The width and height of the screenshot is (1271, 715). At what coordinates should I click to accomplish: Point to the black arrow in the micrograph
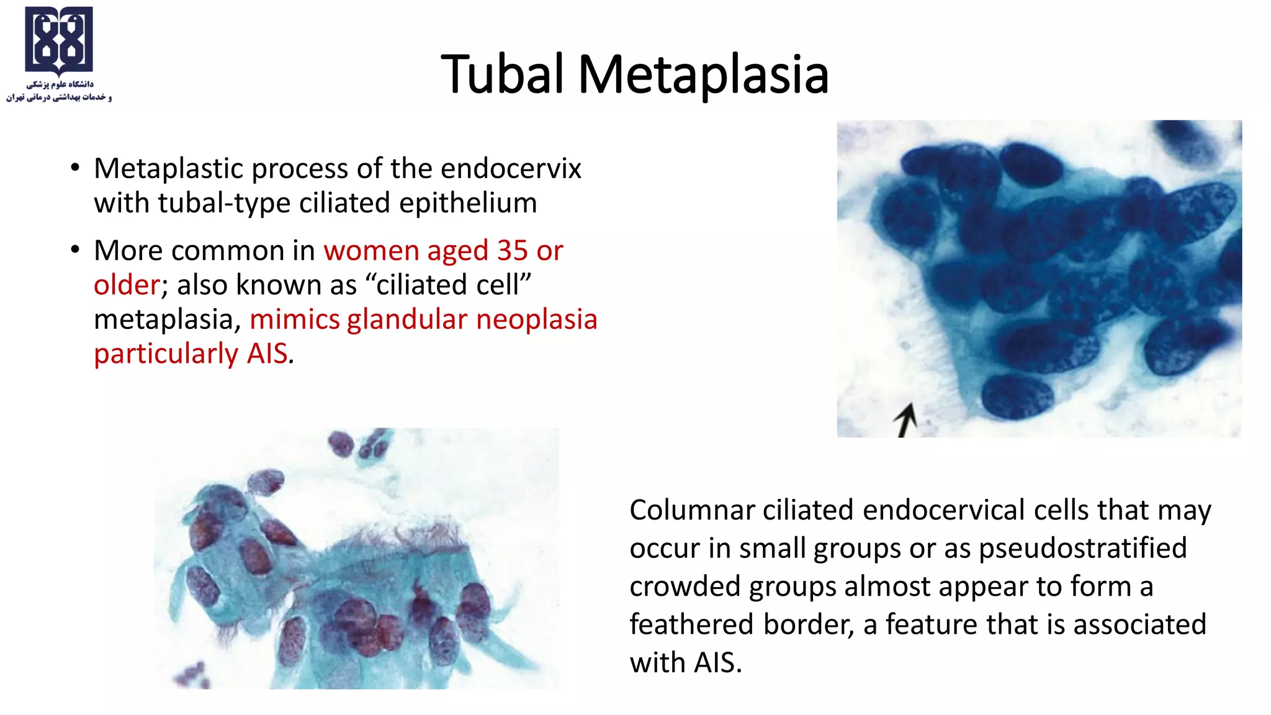pos(906,420)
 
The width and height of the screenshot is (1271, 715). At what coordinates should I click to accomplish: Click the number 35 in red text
pos(512,250)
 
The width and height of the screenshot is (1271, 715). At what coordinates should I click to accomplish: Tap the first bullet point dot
pos(75,168)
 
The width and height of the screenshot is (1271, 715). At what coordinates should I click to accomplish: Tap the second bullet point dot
pos(75,250)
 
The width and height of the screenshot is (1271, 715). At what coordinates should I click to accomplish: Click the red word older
pos(127,285)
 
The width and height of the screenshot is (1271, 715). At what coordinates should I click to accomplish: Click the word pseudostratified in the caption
pos(1082,548)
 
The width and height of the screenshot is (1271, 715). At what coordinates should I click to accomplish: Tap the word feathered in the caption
pos(691,624)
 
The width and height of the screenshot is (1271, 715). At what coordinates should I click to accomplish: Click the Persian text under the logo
pos(59,91)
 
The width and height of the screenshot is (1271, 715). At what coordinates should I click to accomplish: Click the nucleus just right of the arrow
pos(1017,396)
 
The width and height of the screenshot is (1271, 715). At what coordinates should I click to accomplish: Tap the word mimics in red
pos(294,319)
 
